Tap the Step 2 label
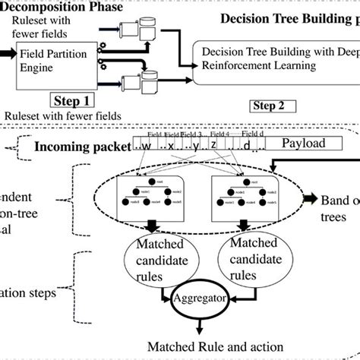[271, 106]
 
